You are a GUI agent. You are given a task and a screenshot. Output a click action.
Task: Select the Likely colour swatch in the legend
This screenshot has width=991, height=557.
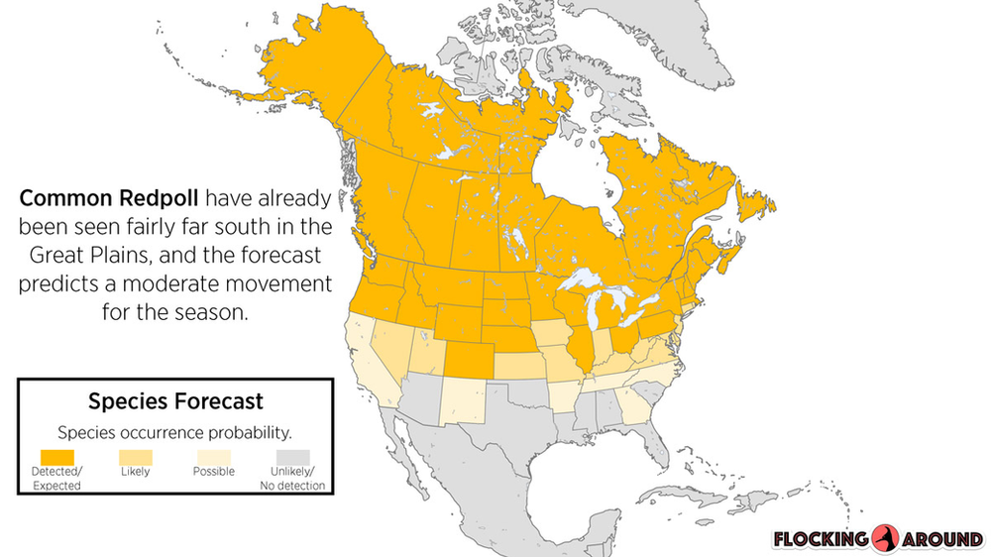[x=135, y=456]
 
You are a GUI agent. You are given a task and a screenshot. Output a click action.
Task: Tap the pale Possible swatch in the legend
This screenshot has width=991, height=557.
[x=213, y=456]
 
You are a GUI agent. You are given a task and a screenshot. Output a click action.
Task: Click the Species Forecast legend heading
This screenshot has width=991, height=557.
[x=175, y=401]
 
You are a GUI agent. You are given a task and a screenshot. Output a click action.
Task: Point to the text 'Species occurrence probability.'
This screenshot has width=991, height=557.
[x=174, y=432]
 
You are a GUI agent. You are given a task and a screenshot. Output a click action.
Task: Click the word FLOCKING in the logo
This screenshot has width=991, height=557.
[x=821, y=539]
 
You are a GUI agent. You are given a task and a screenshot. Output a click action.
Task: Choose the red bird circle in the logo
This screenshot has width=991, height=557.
[x=885, y=538]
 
